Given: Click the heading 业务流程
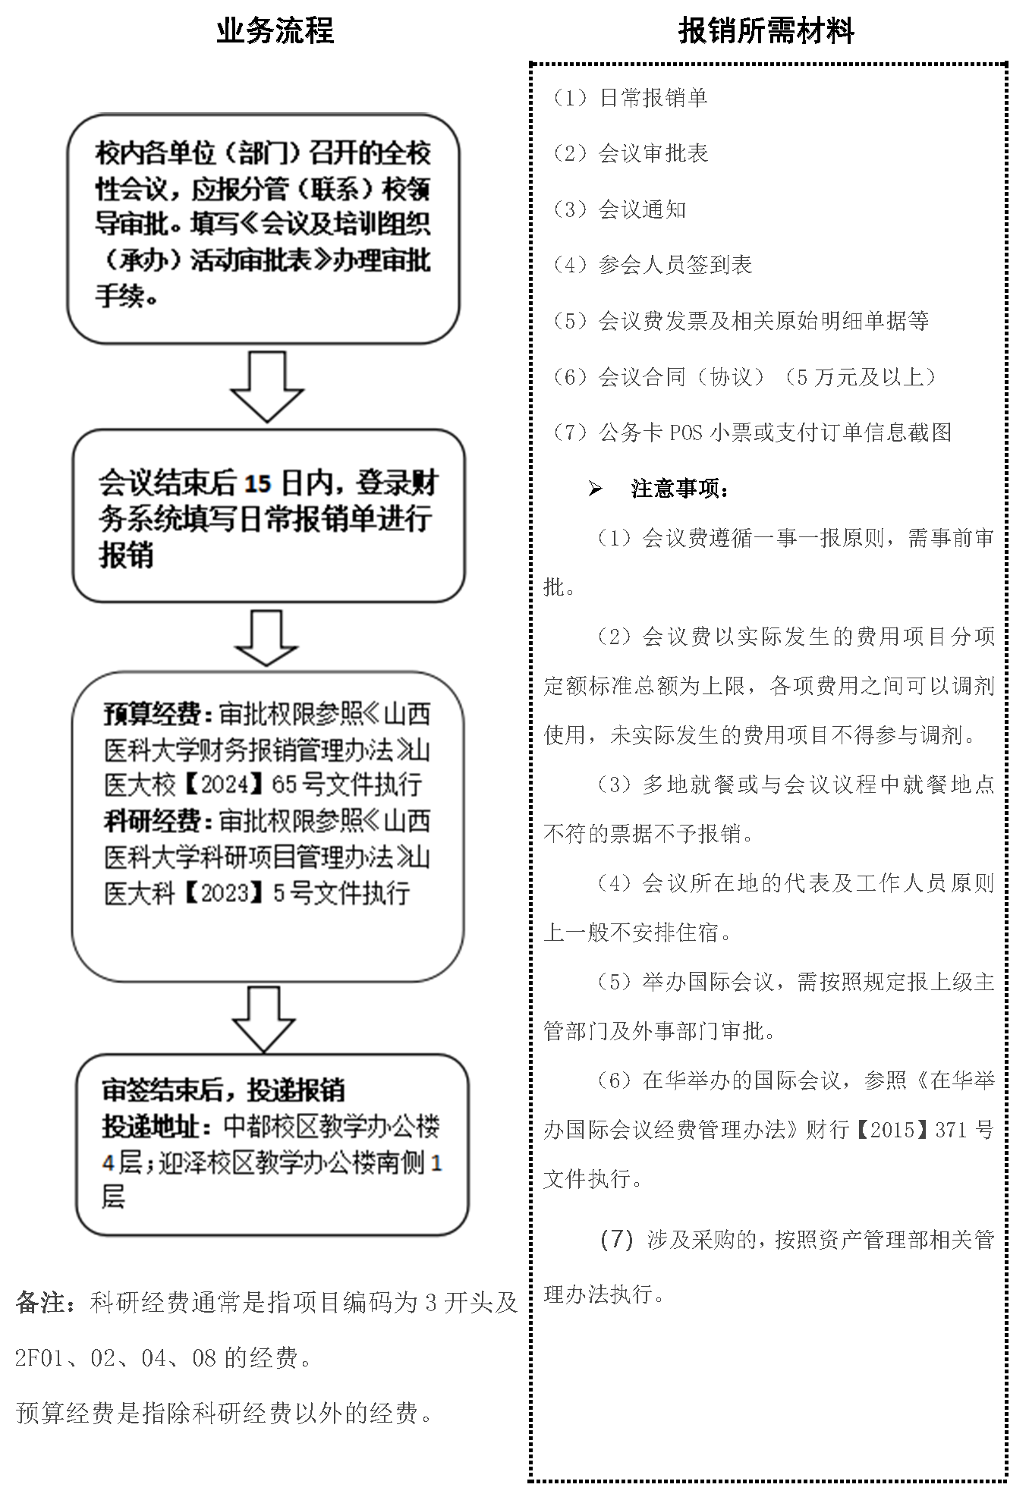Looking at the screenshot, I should click(x=275, y=31).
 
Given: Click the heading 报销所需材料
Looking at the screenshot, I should click(x=766, y=31).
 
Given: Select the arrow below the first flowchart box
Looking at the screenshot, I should click(x=267, y=386).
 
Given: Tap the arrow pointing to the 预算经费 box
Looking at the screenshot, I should click(x=266, y=638).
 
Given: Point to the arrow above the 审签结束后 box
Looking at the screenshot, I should click(x=263, y=1019).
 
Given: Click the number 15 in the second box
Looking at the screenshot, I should click(x=258, y=483).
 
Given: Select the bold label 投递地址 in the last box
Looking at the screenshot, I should click(x=156, y=1127).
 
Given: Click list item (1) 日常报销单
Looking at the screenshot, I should click(x=630, y=98).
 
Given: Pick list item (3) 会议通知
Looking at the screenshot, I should click(x=619, y=209).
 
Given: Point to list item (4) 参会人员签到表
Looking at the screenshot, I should click(x=653, y=265).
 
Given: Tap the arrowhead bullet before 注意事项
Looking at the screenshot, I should click(x=595, y=489).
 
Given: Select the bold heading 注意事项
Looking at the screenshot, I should click(x=680, y=489).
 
